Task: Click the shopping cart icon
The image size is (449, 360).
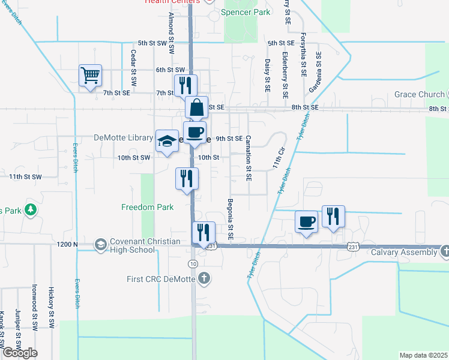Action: click(90, 76)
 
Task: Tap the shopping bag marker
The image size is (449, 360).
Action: click(196, 108)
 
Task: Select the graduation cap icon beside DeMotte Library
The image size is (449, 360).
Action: click(167, 141)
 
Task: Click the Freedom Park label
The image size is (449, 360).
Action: click(148, 207)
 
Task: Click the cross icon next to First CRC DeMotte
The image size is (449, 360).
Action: click(204, 278)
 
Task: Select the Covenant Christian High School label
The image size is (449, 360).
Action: click(137, 245)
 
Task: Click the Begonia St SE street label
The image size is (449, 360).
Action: click(230, 216)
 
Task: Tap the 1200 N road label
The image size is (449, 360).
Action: click(68, 244)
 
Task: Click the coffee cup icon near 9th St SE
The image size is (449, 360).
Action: click(194, 132)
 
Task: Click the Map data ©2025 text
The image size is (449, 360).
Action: click(423, 355)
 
